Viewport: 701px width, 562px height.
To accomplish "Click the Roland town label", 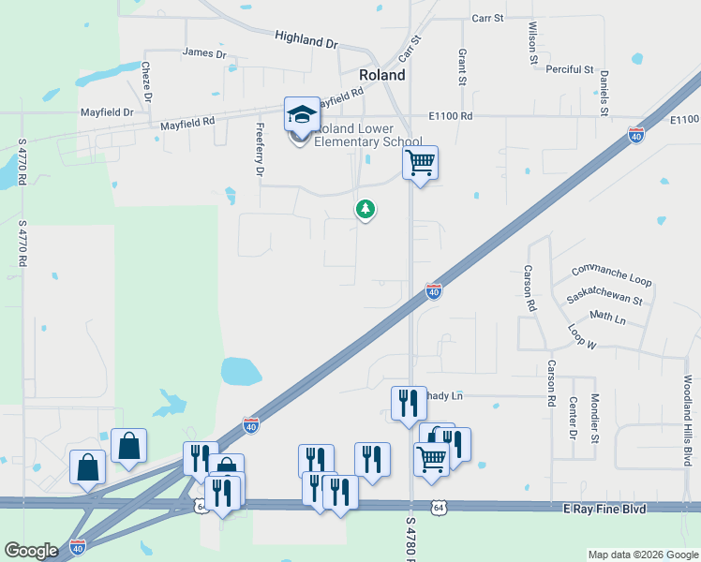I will pos(382,75).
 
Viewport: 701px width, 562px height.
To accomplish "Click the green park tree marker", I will pos(365,210).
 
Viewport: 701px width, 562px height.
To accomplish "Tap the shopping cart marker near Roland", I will pos(420,163).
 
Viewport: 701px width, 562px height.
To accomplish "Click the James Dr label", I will pos(205,53).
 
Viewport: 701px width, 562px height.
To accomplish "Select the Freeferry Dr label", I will pos(261,150).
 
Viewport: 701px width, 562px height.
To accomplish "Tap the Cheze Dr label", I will pos(146,81).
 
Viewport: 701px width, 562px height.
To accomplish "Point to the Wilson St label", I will pos(532,43).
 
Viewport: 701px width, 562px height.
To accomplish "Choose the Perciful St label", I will pos(571,69).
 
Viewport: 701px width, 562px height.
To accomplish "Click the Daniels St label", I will pos(604,89).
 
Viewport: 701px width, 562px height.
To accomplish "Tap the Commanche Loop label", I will pos(610,274).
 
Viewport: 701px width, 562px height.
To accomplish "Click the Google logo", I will pos(31,551).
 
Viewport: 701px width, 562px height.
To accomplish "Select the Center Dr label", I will pos(573,418).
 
